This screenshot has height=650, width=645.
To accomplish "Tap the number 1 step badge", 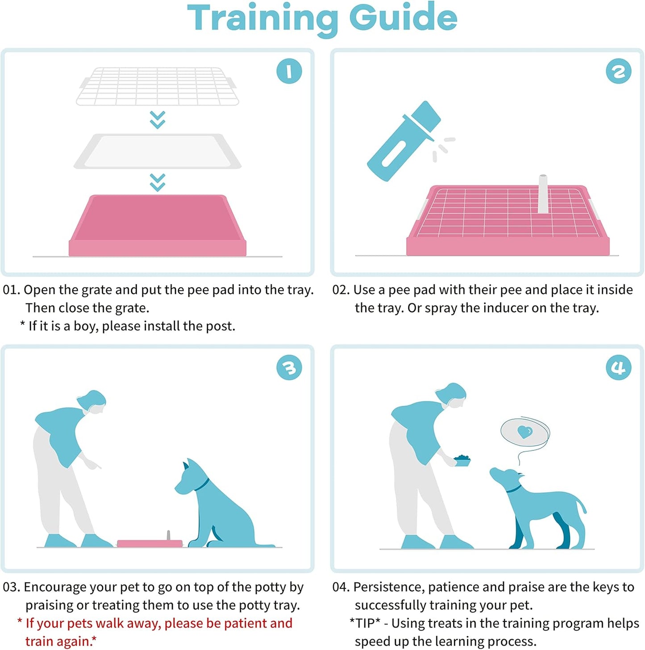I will (289, 71).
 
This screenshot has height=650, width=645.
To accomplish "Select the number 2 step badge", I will (618, 71).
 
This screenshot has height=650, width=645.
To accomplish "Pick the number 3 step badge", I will (289, 368).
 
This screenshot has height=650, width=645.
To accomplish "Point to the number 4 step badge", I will (618, 368).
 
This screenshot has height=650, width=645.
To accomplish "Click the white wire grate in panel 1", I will (157, 86).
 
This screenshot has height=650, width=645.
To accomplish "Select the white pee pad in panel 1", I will (157, 151).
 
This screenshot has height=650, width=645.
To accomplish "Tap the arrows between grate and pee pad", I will (158, 120).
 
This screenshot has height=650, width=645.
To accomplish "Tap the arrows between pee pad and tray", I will (158, 182).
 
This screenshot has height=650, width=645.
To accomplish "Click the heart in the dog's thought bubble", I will (524, 432).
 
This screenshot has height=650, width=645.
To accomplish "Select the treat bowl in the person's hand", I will (462, 461).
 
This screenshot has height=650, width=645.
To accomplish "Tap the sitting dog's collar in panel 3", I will (202, 485).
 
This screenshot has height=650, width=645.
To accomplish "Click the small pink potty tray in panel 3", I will (150, 543).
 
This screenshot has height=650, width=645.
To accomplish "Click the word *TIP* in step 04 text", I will (365, 623).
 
